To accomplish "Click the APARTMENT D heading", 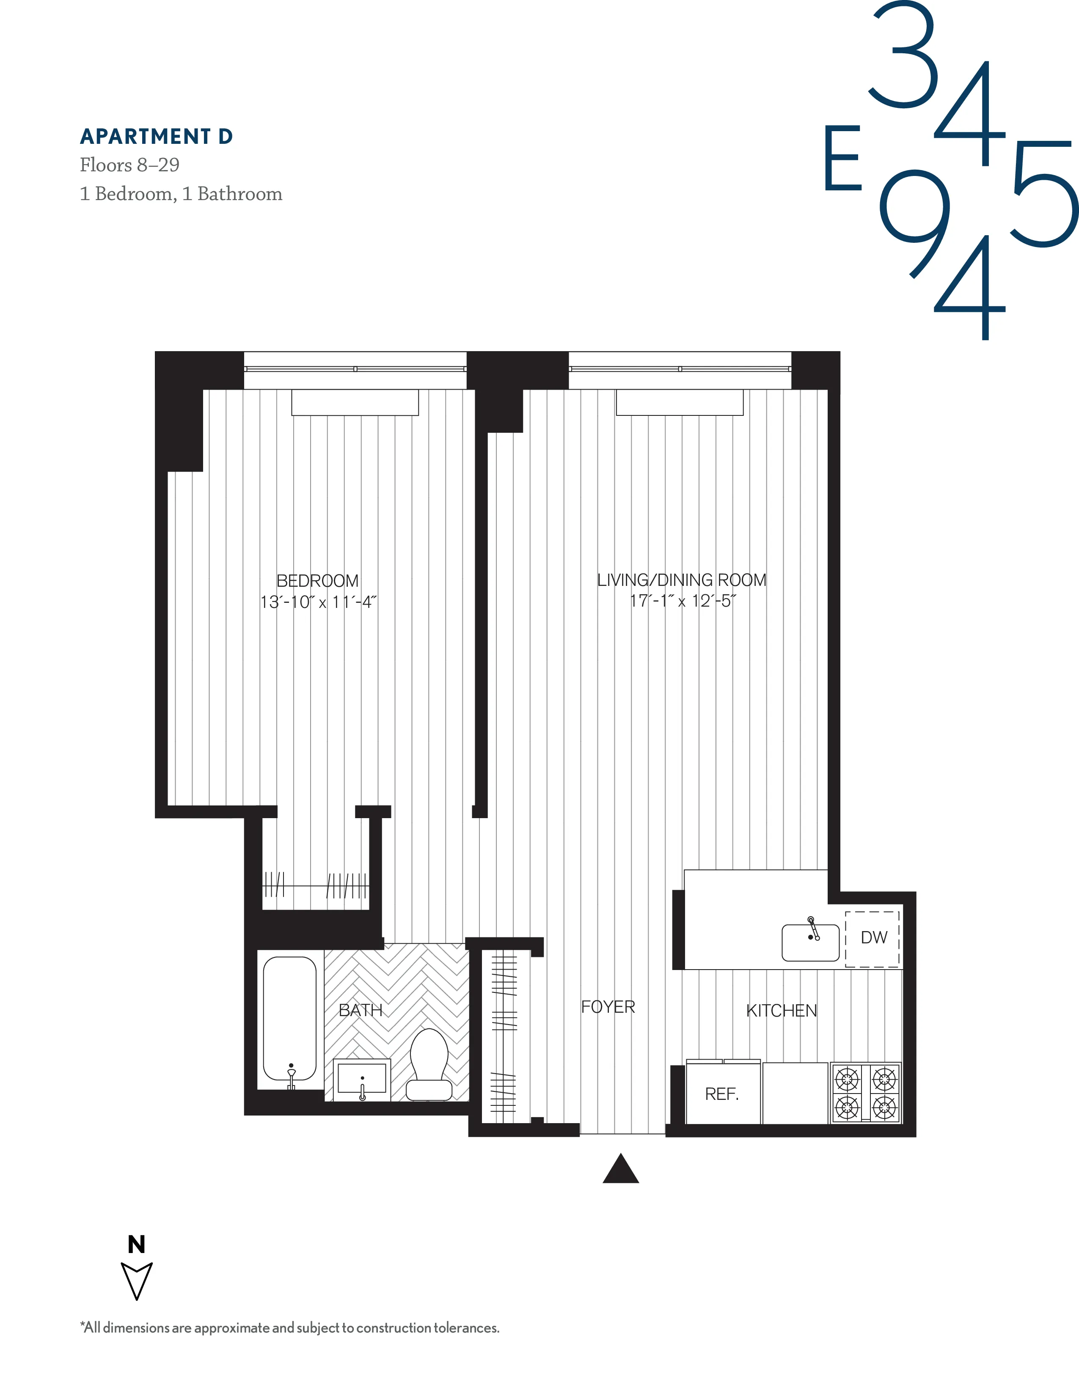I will click(156, 137).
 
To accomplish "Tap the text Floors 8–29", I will click(130, 165).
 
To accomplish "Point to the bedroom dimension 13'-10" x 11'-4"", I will click(318, 602).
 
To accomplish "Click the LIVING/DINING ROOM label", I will click(681, 580).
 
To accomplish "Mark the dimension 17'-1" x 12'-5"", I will click(683, 601).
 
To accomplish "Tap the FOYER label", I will click(608, 1007).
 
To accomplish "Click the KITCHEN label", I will click(781, 1011).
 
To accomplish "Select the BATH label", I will click(361, 1010).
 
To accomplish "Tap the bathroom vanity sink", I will click(362, 1080).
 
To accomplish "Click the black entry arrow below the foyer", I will click(621, 1169).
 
